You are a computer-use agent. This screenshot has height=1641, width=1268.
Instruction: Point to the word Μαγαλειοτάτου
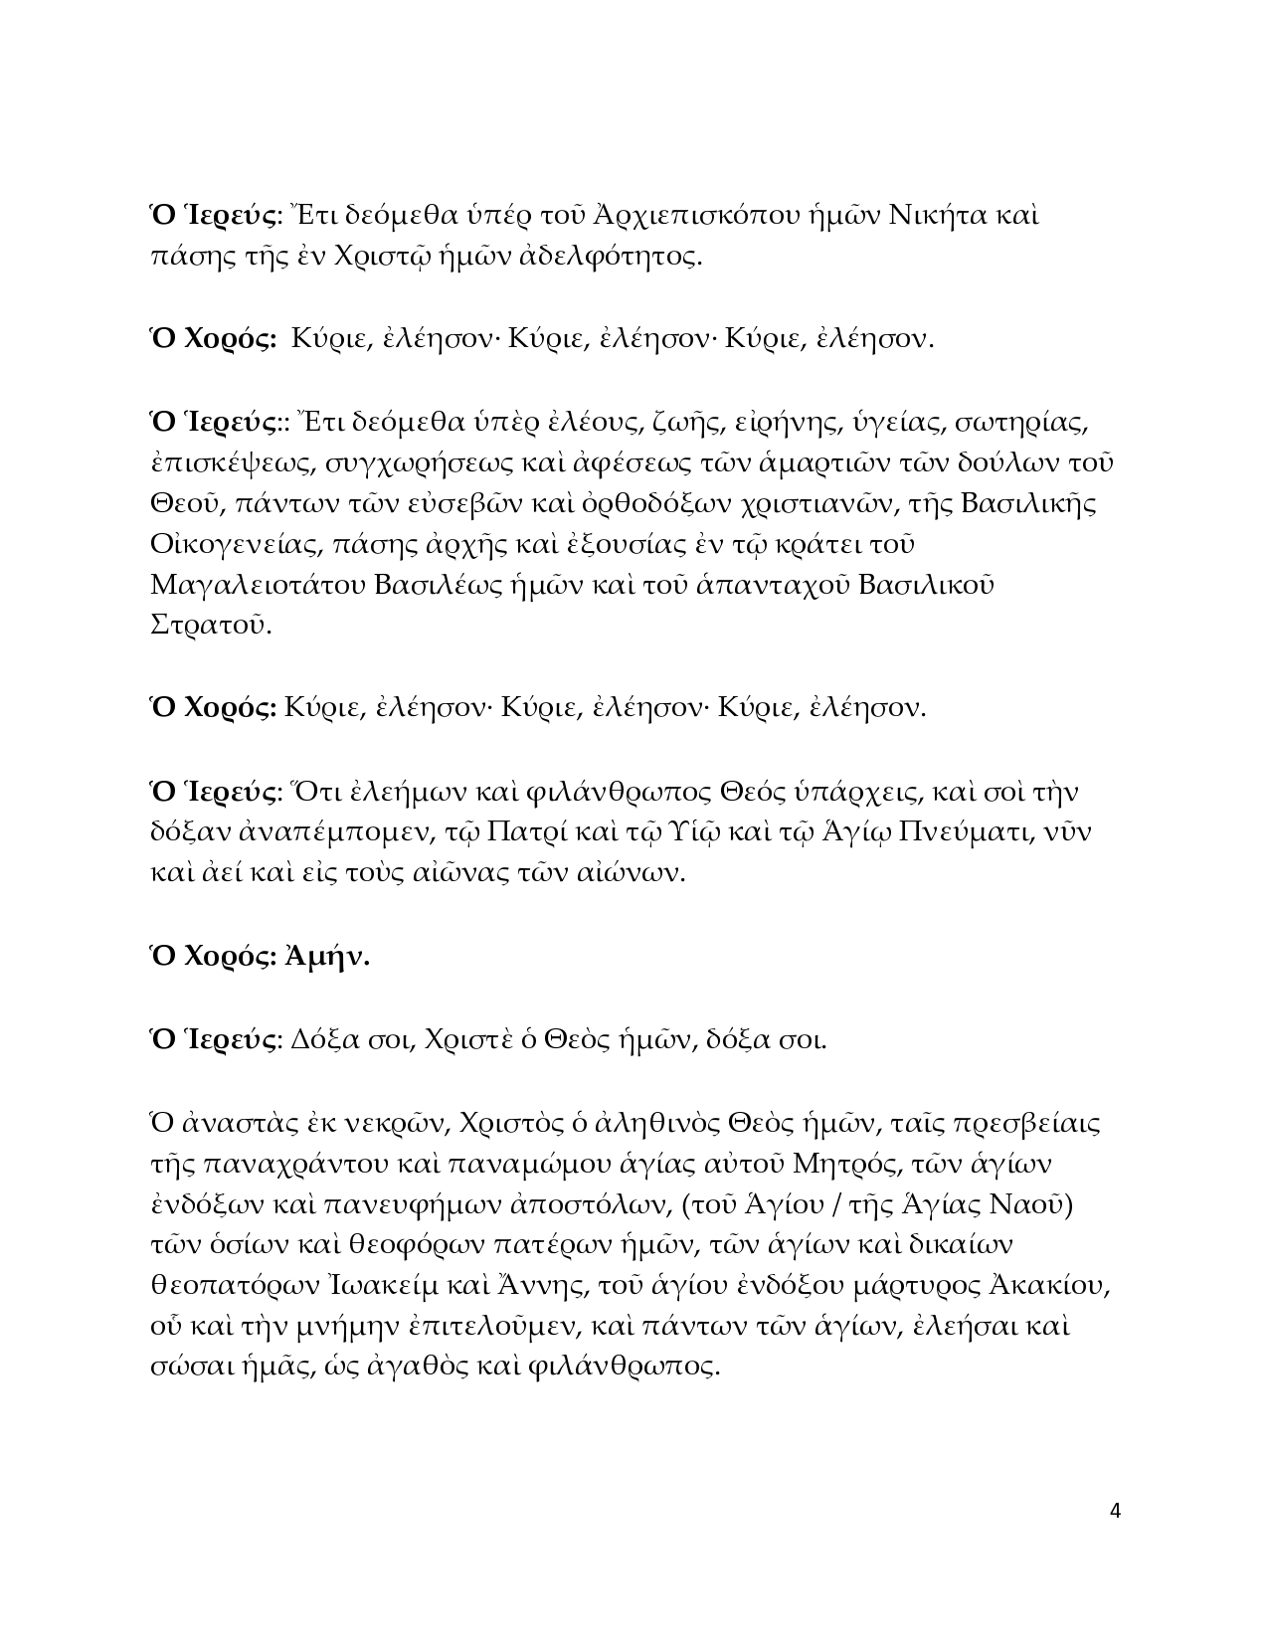click(258, 586)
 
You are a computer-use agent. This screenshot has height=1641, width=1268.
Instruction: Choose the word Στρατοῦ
click(211, 627)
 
